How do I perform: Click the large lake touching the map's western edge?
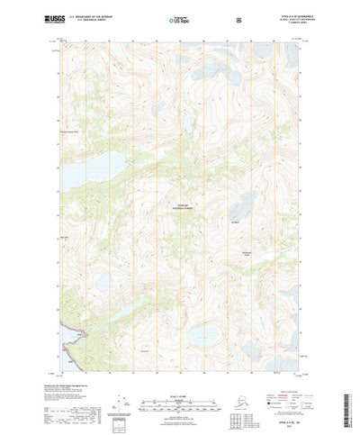[81, 165]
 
